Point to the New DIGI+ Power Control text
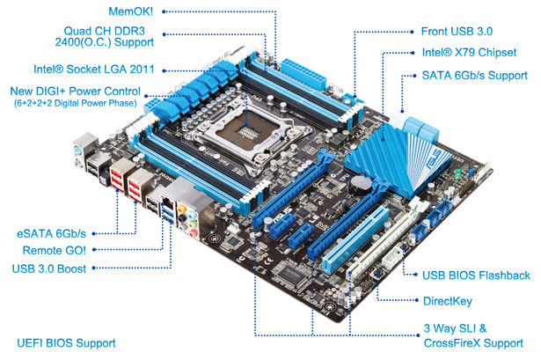coord(74,91)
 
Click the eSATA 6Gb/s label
coord(52,234)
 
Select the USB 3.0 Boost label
coord(51,268)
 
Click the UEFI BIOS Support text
coord(66,342)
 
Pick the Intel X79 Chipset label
coord(469,53)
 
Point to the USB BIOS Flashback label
coord(476,276)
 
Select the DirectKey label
coord(451,301)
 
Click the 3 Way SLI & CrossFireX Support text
coord(465,334)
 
